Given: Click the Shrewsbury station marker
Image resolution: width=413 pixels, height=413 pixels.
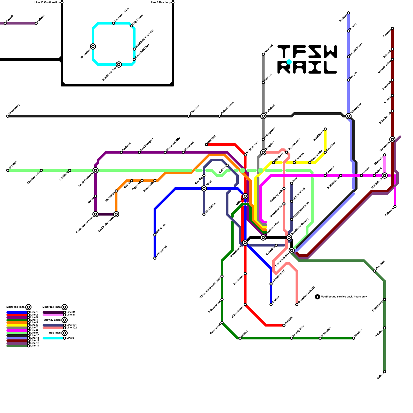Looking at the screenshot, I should pyautogui.click(x=8, y=116).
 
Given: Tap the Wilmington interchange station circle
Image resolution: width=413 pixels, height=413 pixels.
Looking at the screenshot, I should pyautogui.click(x=348, y=116).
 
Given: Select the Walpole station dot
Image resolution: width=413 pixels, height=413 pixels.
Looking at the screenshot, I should pyautogui.click(x=284, y=325).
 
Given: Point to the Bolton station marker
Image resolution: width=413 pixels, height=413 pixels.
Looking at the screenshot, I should pyautogui.click(x=385, y=372).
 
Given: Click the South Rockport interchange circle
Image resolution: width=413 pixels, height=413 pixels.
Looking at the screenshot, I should pyautogui.click(x=96, y=170).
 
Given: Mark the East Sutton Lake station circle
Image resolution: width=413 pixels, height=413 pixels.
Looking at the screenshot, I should pyautogui.click(x=116, y=214).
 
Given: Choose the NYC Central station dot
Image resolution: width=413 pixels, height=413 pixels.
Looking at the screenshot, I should pyautogui.click(x=155, y=258).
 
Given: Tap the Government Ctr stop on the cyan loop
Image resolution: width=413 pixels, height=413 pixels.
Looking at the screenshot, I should pyautogui.click(x=114, y=23).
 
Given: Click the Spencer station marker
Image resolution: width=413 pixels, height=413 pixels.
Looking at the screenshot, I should pyautogui.click(x=392, y=28).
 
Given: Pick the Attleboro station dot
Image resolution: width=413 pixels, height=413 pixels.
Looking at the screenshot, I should pyautogui.click(x=395, y=206).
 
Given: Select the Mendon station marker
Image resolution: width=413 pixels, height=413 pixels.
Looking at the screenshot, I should pyautogui.click(x=354, y=338).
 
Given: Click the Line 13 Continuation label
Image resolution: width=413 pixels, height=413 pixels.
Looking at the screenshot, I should pyautogui.click(x=47, y=3).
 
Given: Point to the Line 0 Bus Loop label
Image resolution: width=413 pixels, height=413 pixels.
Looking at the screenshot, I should pyautogui.click(x=161, y=3).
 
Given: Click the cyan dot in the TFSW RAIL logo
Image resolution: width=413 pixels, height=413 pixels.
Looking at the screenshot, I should pyautogui.click(x=289, y=62).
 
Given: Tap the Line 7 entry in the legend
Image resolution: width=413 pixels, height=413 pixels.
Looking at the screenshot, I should pyautogui.click(x=34, y=328).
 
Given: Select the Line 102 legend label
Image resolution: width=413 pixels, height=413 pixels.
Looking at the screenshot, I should pyautogui.click(x=72, y=328).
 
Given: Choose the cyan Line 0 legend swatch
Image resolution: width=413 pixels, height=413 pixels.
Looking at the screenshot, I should pyautogui.click(x=53, y=338).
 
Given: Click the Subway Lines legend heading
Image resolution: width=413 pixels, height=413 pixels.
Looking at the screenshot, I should pyautogui.click(x=52, y=320).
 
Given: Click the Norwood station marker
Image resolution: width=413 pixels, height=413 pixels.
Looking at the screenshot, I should pyautogui.click(x=263, y=54).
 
